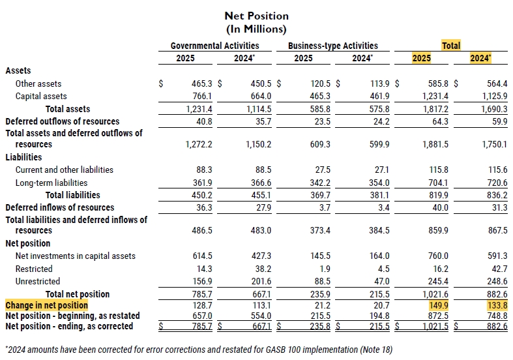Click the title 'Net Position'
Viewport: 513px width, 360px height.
tap(256, 16)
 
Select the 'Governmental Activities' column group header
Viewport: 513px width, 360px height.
tap(214, 46)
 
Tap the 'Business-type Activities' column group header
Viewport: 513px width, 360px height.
tap(332, 46)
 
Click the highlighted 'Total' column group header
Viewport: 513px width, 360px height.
tap(451, 46)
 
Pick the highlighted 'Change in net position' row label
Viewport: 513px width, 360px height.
tap(46, 305)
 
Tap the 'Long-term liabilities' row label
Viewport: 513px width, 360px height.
tap(51, 183)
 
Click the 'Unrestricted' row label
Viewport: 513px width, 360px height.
tap(38, 281)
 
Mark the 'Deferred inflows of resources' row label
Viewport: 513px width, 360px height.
tap(60, 207)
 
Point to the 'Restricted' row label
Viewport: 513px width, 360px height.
tap(34, 269)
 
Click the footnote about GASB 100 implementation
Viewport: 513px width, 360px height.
tap(199, 350)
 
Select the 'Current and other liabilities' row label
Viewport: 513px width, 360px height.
tap(64, 170)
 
